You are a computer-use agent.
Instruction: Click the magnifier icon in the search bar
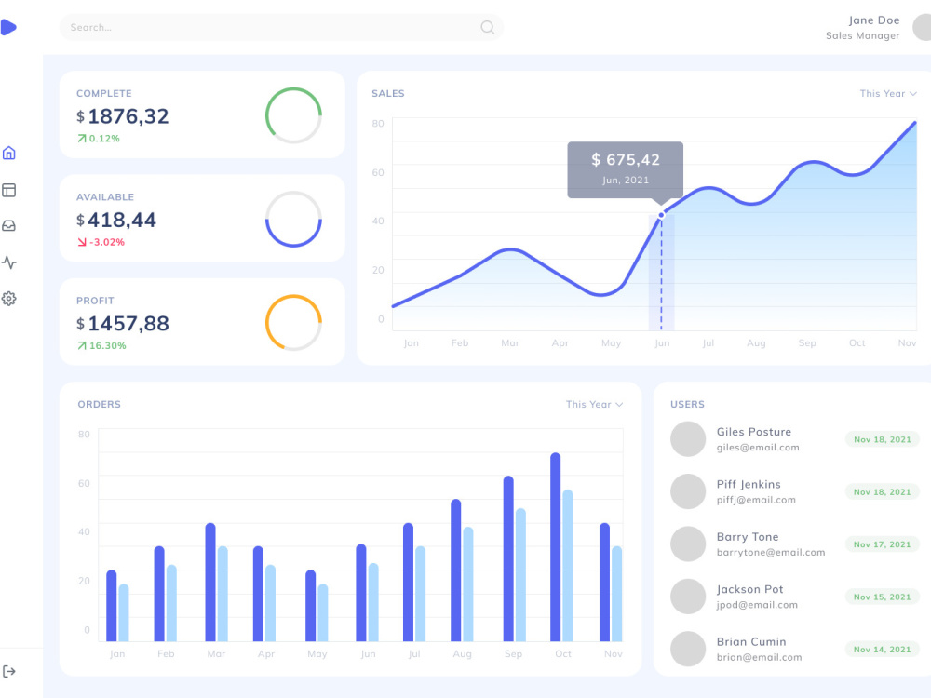(x=487, y=27)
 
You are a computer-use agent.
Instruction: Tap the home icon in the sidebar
(x=9, y=154)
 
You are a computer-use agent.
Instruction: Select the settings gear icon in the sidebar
(x=9, y=299)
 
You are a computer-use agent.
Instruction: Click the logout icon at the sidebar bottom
(x=9, y=671)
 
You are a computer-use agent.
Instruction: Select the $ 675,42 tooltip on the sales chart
(x=626, y=168)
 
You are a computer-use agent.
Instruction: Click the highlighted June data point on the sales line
(x=662, y=215)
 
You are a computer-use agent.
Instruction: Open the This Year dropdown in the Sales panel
(x=888, y=93)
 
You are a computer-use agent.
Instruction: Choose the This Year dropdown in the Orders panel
(x=594, y=404)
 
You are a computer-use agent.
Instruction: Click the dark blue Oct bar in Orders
(x=556, y=547)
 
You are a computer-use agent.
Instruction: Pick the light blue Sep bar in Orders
(x=520, y=574)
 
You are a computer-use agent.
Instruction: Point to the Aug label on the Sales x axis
(x=756, y=343)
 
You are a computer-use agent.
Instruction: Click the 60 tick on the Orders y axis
(x=84, y=483)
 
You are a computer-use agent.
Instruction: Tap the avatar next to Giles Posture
(x=688, y=439)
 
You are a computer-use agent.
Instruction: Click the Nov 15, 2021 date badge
(x=882, y=597)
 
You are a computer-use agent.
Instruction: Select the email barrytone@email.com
(x=771, y=552)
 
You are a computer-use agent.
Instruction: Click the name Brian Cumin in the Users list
(x=751, y=641)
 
